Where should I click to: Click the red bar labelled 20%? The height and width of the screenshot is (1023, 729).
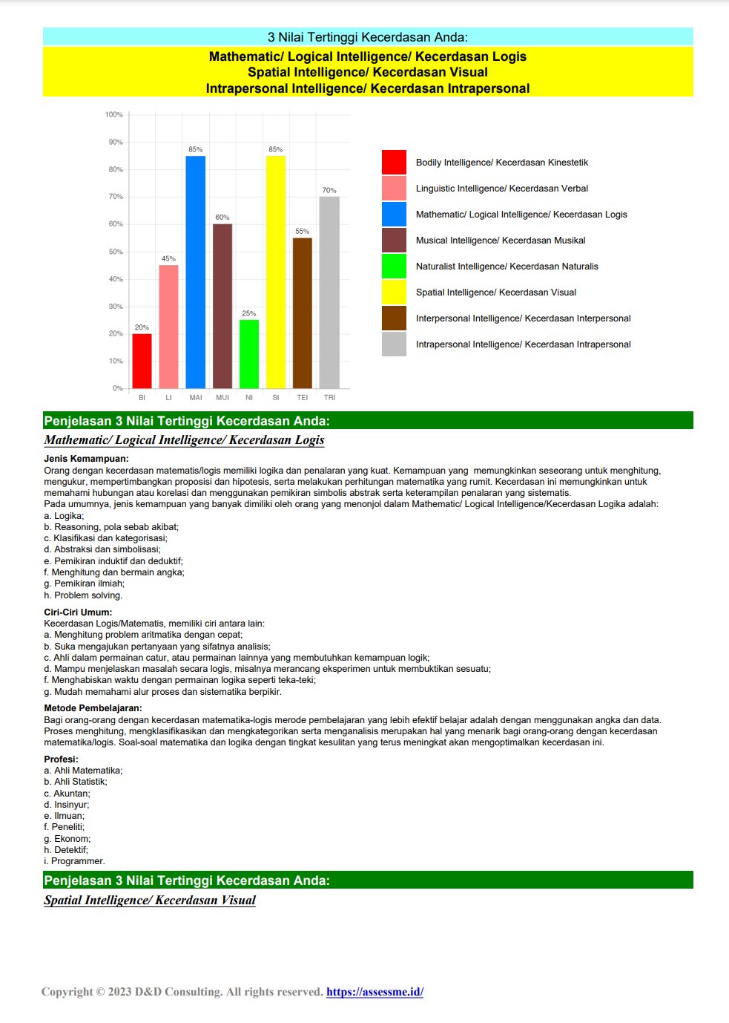click(x=142, y=361)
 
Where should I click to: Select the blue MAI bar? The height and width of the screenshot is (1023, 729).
click(x=195, y=272)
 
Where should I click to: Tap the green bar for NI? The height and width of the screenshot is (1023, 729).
click(x=249, y=354)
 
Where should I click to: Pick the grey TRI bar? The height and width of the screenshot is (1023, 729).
click(x=329, y=292)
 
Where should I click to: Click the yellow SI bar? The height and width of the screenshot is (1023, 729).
click(x=276, y=272)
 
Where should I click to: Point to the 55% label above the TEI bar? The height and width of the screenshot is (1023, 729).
click(x=302, y=232)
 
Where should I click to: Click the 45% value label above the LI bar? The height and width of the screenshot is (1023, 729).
click(x=168, y=259)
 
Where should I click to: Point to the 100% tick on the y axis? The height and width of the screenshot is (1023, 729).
click(x=114, y=115)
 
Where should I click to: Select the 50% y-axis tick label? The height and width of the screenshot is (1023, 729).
click(x=116, y=252)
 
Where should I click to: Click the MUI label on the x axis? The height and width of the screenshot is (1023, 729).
click(x=222, y=398)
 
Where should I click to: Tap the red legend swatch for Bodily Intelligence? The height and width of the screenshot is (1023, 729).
click(x=394, y=163)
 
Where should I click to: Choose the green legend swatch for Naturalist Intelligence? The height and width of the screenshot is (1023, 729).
click(x=394, y=267)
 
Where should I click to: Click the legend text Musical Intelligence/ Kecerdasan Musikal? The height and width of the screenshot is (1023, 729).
click(x=501, y=241)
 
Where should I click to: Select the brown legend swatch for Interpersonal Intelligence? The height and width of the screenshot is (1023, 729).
click(x=394, y=318)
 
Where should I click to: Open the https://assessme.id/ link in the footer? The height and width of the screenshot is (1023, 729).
click(x=375, y=992)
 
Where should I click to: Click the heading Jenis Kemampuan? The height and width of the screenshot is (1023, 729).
click(x=86, y=459)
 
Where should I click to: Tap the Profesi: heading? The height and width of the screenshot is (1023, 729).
click(x=61, y=759)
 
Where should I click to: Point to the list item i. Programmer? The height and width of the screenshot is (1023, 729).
click(x=74, y=861)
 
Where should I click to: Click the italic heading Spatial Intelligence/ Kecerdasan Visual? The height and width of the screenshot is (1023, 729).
click(x=150, y=901)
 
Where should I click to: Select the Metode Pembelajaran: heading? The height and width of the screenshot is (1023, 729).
click(x=93, y=708)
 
